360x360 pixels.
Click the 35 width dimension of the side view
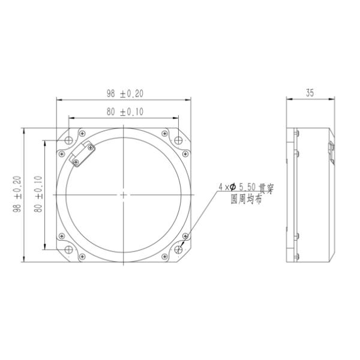click(309, 94)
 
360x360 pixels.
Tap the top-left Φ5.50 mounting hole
click(69, 140)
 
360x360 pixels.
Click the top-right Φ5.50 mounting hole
click(178, 140)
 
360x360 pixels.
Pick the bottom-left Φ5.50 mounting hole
click(69, 249)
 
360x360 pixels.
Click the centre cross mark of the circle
click(123, 195)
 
